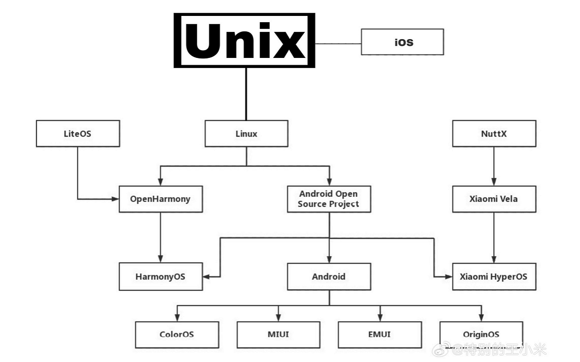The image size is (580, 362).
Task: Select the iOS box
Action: [402, 42]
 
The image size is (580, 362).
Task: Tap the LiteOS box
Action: [77, 134]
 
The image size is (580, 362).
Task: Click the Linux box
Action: [246, 134]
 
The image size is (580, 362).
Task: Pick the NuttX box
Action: [493, 134]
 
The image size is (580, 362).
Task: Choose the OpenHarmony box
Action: [160, 199]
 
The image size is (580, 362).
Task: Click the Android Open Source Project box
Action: [329, 199]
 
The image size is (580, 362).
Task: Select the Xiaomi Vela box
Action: [493, 199]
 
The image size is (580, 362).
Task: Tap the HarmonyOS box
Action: [160, 277]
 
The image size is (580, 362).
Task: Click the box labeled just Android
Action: [329, 277]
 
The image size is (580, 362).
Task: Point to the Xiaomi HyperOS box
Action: [493, 277]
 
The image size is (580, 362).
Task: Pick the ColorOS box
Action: [177, 334]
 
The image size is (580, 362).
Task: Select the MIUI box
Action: [278, 334]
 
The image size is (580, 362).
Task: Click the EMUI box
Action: [379, 334]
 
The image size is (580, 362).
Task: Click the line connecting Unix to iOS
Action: [338, 43]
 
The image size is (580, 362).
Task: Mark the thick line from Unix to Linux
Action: [246, 94]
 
